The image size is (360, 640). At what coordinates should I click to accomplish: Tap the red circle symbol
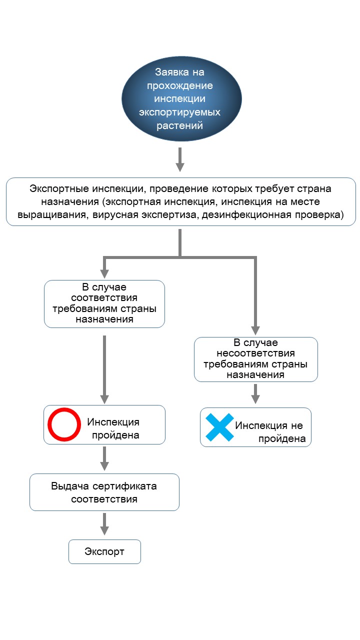(64, 424)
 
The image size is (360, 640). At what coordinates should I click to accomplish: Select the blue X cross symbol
(219, 427)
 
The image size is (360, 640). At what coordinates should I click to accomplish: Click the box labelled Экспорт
(104, 551)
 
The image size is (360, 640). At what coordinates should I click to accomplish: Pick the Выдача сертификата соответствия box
(104, 492)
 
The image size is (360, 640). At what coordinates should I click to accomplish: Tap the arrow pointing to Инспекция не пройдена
(255, 393)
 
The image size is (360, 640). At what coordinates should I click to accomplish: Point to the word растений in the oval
(179, 125)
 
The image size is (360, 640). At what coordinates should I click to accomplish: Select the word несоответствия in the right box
(255, 353)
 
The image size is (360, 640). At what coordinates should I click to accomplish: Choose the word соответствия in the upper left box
(104, 297)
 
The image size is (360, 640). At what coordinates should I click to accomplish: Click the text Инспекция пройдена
(113, 428)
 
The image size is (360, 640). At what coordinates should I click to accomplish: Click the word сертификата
(128, 486)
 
